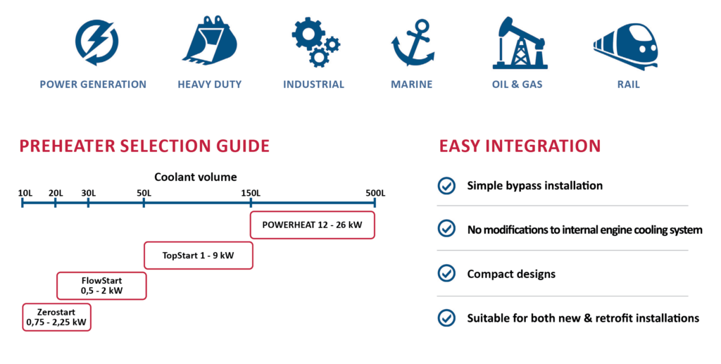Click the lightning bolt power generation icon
click(96, 42)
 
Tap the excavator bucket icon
click(210, 40)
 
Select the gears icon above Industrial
click(315, 43)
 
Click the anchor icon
click(413, 43)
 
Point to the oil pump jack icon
click(519, 43)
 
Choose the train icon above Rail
click(626, 46)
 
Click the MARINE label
click(411, 84)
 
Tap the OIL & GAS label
click(518, 84)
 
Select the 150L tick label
click(251, 193)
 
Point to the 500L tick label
click(375, 193)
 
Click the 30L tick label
click(88, 193)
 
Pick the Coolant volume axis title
click(196, 177)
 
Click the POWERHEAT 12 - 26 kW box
click(312, 225)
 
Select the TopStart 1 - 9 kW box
click(198, 256)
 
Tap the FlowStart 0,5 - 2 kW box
click(101, 286)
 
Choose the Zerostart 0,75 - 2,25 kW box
click(56, 317)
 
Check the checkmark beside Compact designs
click(446, 273)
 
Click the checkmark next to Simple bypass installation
click(446, 186)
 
